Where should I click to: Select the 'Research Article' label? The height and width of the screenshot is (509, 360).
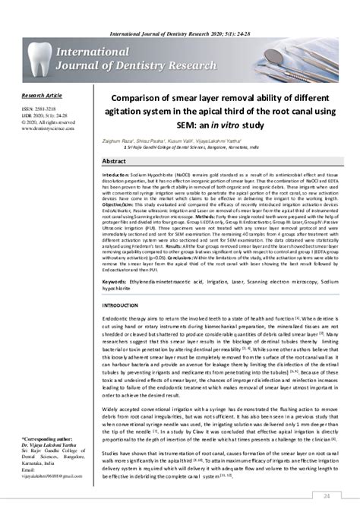tap(42, 96)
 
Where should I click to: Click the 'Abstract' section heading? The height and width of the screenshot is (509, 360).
tap(114, 162)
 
